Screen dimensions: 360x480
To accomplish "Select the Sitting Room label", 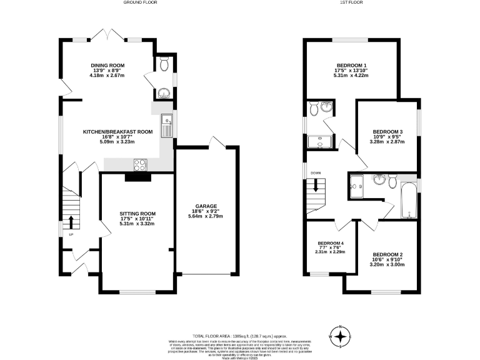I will click(x=136, y=218).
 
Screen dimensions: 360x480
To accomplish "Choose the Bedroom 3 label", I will click(x=387, y=136).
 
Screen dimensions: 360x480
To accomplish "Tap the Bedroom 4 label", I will click(x=331, y=247).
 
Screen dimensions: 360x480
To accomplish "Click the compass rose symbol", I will click(x=340, y=336).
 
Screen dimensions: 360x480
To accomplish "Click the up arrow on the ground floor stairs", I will click(x=71, y=221).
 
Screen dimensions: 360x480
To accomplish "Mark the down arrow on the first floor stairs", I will click(x=316, y=185).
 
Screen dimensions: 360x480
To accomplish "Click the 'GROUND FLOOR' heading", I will click(x=140, y=3).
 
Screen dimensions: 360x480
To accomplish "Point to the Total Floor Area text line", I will click(x=240, y=336).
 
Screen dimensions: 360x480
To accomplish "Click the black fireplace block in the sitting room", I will click(x=137, y=177).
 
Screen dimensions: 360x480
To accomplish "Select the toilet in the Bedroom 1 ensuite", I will click(x=314, y=109).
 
